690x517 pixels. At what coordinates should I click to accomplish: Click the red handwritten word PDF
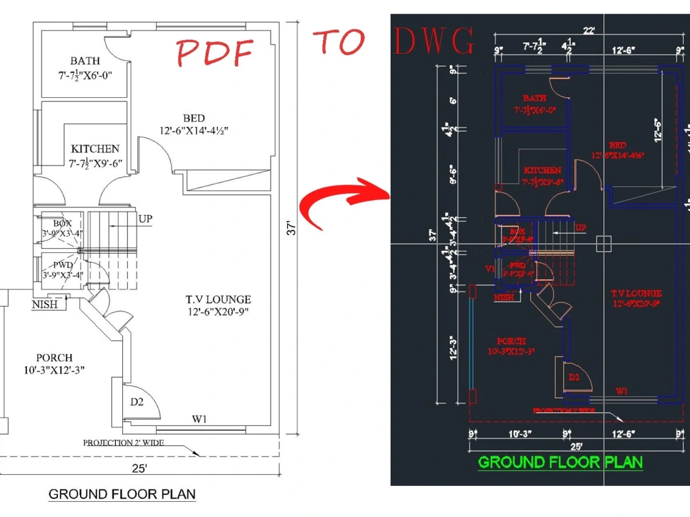[x=215, y=52]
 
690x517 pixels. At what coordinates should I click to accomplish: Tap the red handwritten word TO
[x=339, y=42]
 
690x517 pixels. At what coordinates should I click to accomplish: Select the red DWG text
[x=434, y=42]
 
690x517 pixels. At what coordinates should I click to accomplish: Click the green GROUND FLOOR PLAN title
[x=560, y=462]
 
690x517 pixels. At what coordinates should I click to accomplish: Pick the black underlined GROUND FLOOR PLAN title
[x=121, y=494]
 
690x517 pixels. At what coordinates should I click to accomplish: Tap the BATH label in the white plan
[x=85, y=61]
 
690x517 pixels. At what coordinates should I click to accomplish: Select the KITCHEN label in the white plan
[x=95, y=149]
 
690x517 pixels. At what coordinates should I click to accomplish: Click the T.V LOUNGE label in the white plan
[x=217, y=300]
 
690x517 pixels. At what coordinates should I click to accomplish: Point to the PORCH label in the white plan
[x=55, y=358]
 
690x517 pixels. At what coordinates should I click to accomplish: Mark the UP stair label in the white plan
[x=145, y=219]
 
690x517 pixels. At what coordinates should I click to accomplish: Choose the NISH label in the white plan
[x=44, y=304]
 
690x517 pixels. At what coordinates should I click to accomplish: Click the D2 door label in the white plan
[x=137, y=403]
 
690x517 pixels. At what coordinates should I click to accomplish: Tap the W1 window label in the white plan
[x=200, y=418]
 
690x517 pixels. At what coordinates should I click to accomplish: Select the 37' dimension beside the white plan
[x=292, y=227]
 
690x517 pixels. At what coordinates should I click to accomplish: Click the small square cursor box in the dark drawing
[x=604, y=244]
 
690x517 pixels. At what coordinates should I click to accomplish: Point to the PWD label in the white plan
[x=63, y=264]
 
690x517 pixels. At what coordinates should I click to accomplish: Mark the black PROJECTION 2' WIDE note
[x=124, y=443]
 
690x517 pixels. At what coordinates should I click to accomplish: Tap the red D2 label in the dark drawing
[x=574, y=377]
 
